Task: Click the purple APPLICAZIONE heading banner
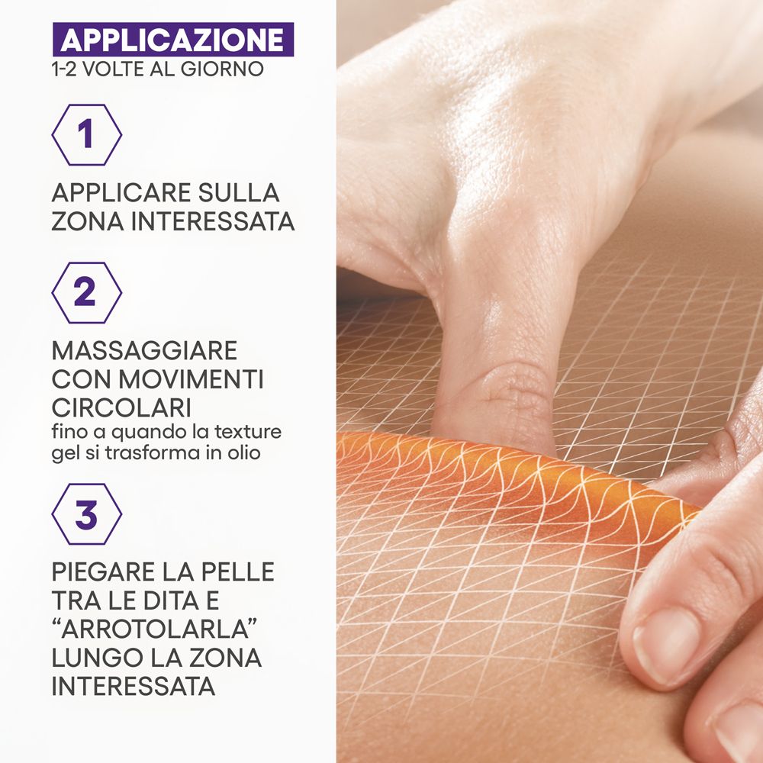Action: [x=172, y=39]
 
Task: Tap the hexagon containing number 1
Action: [x=86, y=135]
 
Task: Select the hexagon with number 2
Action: [x=86, y=293]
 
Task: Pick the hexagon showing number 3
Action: [x=86, y=514]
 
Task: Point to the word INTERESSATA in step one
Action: [x=211, y=221]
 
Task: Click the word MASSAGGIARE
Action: [x=144, y=351]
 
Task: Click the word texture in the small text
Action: [x=253, y=432]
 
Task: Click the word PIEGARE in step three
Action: [x=101, y=571]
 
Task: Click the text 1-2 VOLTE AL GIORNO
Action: [x=157, y=69]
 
